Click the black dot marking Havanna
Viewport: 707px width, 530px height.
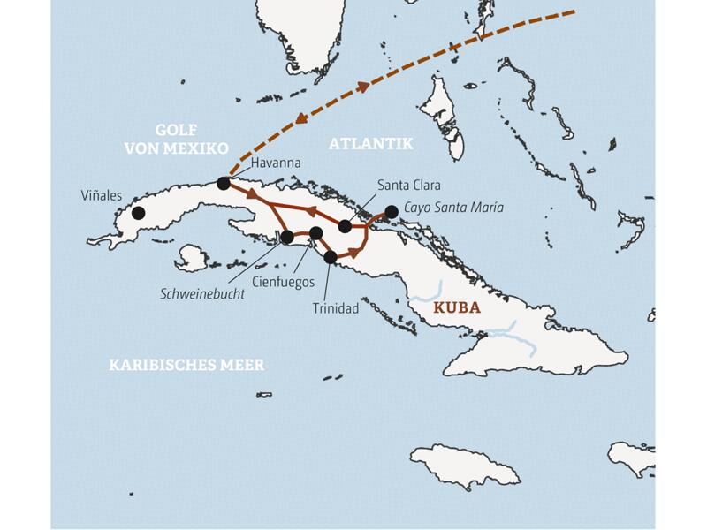pos(224,184)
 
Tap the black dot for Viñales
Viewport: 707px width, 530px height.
pos(138,213)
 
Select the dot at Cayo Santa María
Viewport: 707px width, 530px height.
pos(392,211)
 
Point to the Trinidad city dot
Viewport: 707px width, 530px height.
pos(331,258)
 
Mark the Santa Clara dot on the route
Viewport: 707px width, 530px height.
pos(346,227)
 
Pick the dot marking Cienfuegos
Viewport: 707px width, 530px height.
pos(315,233)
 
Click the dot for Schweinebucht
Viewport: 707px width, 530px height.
pos(287,237)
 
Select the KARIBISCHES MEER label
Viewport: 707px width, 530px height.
pos(186,365)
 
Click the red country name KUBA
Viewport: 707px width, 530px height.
pos(457,309)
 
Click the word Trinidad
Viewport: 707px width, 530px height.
pos(337,309)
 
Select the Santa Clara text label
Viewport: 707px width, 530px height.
pos(408,185)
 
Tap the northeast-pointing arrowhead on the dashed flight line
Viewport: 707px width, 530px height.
pos(362,87)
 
